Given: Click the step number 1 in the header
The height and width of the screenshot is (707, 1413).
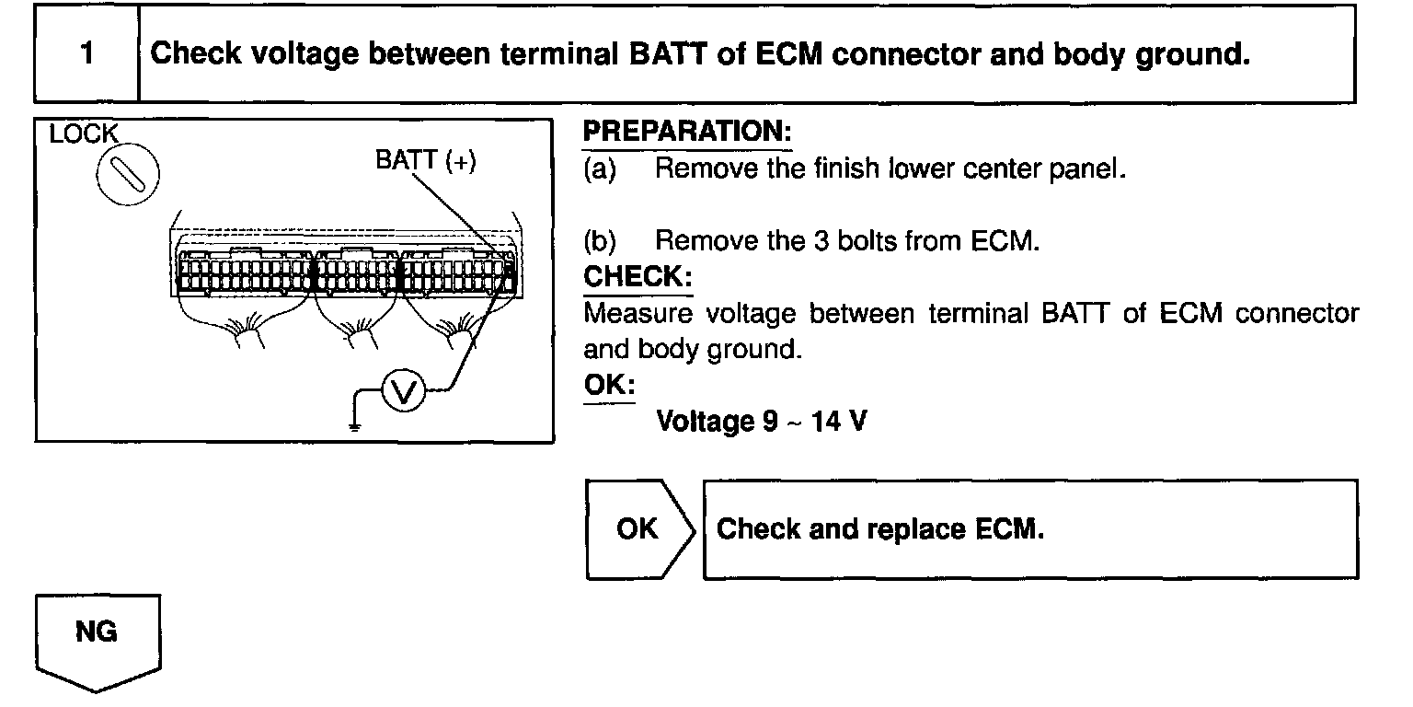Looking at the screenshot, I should click(x=86, y=53).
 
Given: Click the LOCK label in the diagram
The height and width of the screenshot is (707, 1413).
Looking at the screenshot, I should click(x=84, y=134).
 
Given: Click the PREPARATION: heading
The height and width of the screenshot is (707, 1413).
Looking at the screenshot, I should click(x=687, y=133).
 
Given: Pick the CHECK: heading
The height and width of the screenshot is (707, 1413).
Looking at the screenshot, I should click(x=638, y=277).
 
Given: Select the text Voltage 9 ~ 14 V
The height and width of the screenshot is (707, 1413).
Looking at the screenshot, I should click(x=761, y=423).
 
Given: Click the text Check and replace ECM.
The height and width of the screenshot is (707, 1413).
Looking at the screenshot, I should click(x=880, y=529).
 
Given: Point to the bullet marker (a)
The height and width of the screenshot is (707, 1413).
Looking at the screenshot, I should click(x=599, y=170).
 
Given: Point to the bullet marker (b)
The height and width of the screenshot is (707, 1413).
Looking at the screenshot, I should click(x=599, y=241).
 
